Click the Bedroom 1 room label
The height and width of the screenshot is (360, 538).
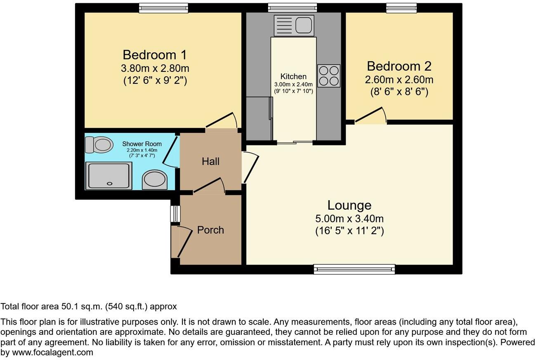[155, 55]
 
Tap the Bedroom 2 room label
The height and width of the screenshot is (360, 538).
[399, 66]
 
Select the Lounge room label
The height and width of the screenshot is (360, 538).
[349, 205]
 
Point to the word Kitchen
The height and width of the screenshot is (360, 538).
[293, 76]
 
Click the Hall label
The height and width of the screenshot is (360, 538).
[211, 161]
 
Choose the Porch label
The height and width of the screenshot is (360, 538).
[211, 230]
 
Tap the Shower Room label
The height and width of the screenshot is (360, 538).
[142, 144]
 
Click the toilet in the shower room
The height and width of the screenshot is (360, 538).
[99, 144]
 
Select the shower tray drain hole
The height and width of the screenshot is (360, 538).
[110, 184]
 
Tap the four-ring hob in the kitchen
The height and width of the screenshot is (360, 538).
[329, 76]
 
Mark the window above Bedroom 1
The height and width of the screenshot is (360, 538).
[163, 8]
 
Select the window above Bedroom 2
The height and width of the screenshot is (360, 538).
[401, 8]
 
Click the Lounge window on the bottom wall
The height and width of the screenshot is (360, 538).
[354, 269]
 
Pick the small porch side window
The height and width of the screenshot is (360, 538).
[175, 213]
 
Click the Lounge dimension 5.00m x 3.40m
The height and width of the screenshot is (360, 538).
[349, 219]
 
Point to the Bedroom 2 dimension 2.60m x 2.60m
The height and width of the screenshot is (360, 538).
[399, 80]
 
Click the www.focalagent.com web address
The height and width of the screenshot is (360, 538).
[52, 353]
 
